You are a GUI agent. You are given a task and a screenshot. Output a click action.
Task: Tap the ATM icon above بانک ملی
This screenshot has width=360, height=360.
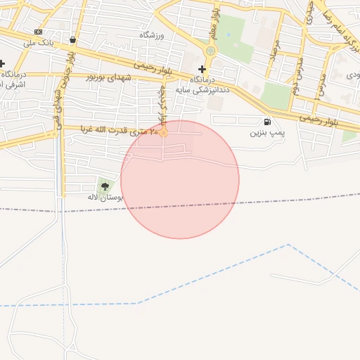[x=37, y=32]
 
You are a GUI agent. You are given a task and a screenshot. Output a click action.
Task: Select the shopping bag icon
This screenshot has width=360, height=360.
[x=73, y=39]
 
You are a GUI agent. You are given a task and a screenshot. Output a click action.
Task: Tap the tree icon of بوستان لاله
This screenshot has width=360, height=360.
[x=105, y=186]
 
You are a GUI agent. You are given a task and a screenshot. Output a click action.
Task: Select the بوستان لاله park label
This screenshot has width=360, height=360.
[x=105, y=198]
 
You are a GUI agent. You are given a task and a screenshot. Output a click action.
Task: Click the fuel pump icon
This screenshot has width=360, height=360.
[x=267, y=122]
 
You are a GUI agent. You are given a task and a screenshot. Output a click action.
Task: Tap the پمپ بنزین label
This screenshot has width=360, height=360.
[x=267, y=132]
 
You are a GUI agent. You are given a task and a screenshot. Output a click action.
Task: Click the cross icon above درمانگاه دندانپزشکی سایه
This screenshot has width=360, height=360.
[x=202, y=69]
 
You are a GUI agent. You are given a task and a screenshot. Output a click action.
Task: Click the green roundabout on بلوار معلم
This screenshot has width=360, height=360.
[x=210, y=51]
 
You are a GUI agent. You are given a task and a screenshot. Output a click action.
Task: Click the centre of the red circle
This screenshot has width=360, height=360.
[x=180, y=179]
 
